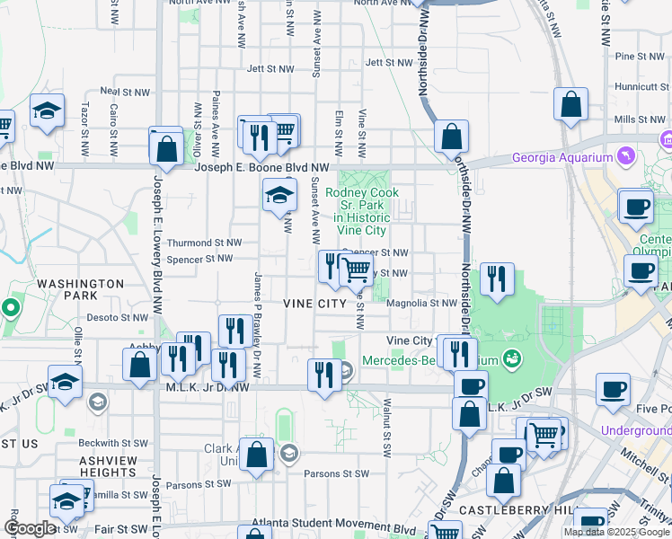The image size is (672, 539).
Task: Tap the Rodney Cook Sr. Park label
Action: (x=358, y=205)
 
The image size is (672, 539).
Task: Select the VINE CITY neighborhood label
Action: (x=314, y=304)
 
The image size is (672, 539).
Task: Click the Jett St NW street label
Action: (x=270, y=68)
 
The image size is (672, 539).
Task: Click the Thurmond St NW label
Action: (x=205, y=243)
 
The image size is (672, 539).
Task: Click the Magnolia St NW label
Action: (x=421, y=304)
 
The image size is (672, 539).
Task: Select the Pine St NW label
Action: (x=639, y=56)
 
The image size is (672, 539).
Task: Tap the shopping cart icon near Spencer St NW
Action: (x=357, y=269)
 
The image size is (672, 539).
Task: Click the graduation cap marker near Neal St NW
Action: (x=47, y=110)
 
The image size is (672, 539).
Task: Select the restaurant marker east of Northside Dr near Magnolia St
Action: (x=496, y=279)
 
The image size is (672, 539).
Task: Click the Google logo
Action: (x=30, y=528)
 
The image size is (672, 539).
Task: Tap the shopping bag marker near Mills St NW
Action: (x=570, y=105)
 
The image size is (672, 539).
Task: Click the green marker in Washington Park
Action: (x=10, y=309)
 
